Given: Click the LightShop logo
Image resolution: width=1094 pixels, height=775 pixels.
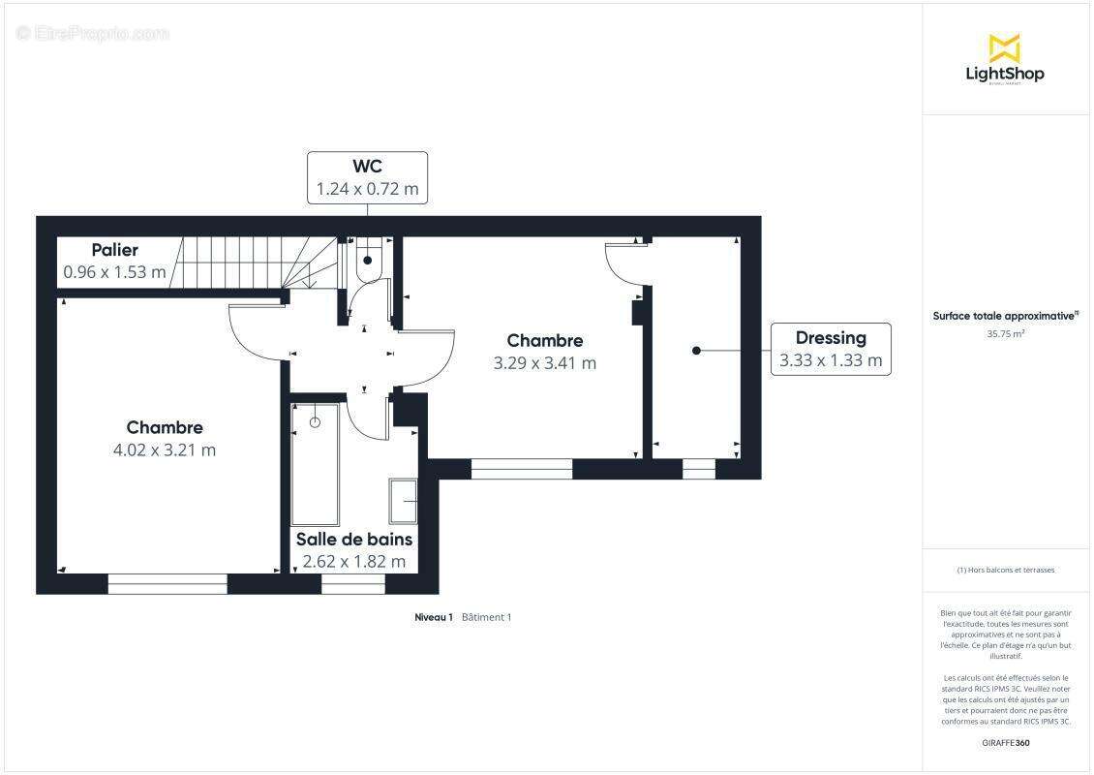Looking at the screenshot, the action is tap(1005, 60).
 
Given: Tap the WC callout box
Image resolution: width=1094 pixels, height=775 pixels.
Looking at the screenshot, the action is tap(367, 178).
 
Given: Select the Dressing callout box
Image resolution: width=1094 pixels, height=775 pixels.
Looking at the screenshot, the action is tap(831, 349).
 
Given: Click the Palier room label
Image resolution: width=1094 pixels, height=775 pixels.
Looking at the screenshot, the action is tap(115, 250).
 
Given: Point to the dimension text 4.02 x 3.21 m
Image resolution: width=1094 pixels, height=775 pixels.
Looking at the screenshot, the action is tap(165, 449).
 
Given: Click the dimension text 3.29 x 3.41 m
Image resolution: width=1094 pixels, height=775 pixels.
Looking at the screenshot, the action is tap(545, 363).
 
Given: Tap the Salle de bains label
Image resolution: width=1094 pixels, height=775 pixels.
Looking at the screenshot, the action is tap(353, 539).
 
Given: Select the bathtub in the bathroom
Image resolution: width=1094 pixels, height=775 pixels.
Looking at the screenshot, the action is tap(316, 464).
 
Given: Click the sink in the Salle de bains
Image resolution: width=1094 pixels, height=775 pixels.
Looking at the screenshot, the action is tap(404, 501).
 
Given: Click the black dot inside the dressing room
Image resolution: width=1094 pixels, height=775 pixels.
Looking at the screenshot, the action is tap(696, 351).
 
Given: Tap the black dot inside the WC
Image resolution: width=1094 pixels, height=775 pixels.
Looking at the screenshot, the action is tap(368, 261).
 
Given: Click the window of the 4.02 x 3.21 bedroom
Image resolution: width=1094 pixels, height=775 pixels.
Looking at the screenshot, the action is tap(167, 584).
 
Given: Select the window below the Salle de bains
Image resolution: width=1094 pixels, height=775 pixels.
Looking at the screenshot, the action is tap(353, 584).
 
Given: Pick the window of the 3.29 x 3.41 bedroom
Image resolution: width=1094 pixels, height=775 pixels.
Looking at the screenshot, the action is tap(522, 469).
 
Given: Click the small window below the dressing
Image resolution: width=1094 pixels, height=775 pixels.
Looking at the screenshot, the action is tap(699, 469).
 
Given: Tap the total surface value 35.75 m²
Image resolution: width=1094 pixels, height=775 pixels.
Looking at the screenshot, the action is tap(1005, 334).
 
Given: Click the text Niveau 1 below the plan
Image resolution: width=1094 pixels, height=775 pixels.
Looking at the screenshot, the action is tap(434, 617).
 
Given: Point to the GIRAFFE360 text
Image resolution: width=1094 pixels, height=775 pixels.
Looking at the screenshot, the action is tap(1005, 743).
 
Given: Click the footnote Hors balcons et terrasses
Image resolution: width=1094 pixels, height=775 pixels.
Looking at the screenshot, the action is tap(1005, 570).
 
